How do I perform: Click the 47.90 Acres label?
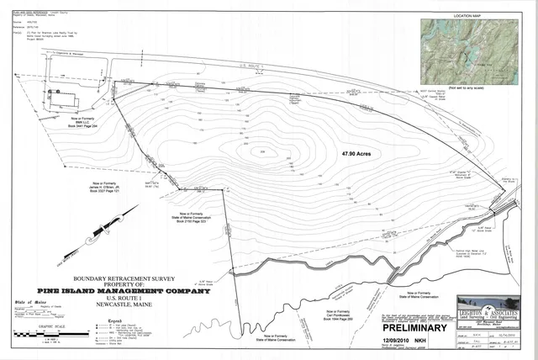(x=356, y=154)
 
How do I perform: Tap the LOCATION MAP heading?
(x=473, y=15)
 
